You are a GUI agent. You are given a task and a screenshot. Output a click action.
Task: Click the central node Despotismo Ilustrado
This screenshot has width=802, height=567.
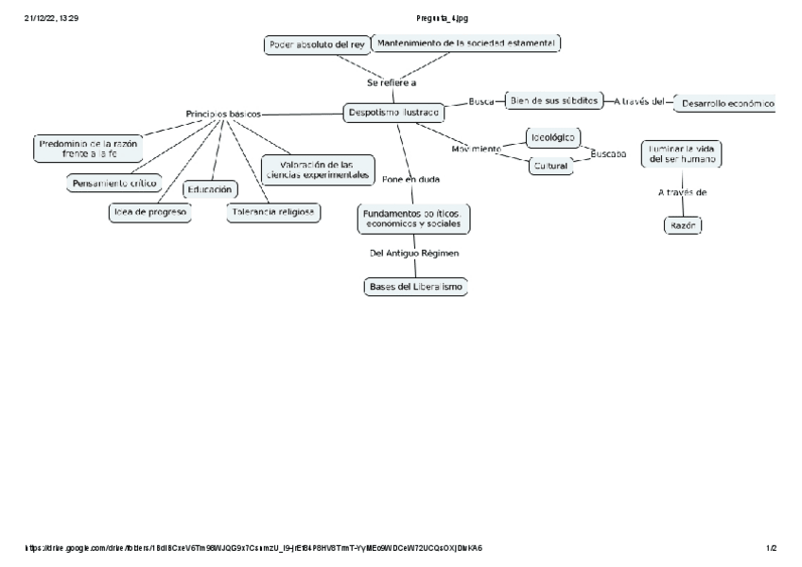pyautogui.click(x=393, y=113)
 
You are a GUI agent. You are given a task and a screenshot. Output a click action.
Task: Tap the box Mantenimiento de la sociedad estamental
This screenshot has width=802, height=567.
pyautogui.click(x=466, y=43)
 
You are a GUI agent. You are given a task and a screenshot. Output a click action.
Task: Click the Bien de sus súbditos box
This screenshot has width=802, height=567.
pyautogui.click(x=554, y=100)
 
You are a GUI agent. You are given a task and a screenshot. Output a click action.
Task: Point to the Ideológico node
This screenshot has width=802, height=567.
pyautogui.click(x=553, y=137)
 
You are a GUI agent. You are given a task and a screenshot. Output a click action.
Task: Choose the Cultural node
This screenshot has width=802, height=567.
pyautogui.click(x=550, y=166)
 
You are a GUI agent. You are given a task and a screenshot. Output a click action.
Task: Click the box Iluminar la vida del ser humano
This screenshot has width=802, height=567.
pyautogui.click(x=682, y=154)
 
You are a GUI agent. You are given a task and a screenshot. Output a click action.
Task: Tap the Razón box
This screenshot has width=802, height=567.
pyautogui.click(x=682, y=226)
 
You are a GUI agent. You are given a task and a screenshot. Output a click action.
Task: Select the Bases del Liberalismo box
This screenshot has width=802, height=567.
pyautogui.click(x=416, y=287)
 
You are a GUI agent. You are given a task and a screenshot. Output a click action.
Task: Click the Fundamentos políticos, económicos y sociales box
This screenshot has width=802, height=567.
pyautogui.click(x=414, y=220)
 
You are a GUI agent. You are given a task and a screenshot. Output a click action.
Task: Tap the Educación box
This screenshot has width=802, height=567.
pyautogui.click(x=209, y=189)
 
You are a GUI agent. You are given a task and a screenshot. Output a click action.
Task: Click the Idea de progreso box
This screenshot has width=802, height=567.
pyautogui.click(x=149, y=212)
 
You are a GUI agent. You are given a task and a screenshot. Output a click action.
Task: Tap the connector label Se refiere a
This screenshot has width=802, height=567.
pyautogui.click(x=392, y=82)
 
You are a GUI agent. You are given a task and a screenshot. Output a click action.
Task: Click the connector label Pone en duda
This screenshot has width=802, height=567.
pyautogui.click(x=410, y=178)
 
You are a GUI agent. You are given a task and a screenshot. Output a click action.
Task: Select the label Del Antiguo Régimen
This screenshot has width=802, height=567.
pyautogui.click(x=414, y=253)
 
